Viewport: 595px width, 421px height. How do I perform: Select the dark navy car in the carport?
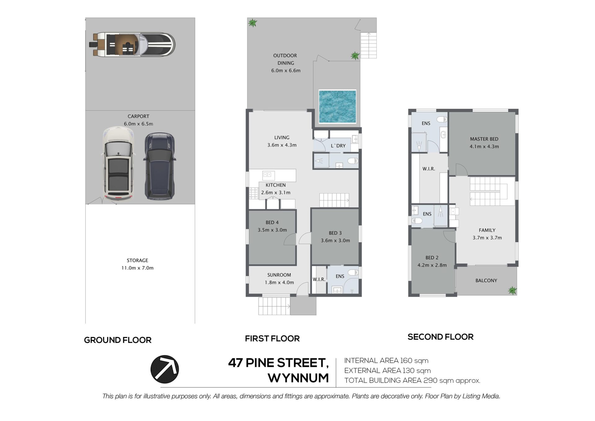(159, 166)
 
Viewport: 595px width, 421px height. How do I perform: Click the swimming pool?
(337, 106)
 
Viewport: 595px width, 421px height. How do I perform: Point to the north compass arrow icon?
(165, 369)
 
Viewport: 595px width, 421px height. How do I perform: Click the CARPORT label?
(139, 116)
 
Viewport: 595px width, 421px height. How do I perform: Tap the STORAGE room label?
(137, 260)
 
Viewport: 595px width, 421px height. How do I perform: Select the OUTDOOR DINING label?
(285, 59)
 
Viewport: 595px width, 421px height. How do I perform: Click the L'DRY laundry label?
(338, 146)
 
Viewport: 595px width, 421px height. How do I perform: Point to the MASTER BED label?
(484, 139)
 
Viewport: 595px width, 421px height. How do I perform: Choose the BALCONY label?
(486, 280)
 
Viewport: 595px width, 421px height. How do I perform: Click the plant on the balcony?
(512, 290)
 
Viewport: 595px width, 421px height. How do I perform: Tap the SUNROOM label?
(279, 275)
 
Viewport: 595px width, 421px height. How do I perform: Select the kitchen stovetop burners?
(253, 193)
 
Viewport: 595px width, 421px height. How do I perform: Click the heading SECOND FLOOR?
(440, 337)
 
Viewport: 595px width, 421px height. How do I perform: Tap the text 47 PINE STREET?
(278, 363)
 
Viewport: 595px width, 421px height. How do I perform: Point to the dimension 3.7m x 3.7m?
(487, 238)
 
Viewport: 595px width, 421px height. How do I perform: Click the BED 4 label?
(272, 222)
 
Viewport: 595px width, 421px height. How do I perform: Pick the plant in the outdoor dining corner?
(253, 23)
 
